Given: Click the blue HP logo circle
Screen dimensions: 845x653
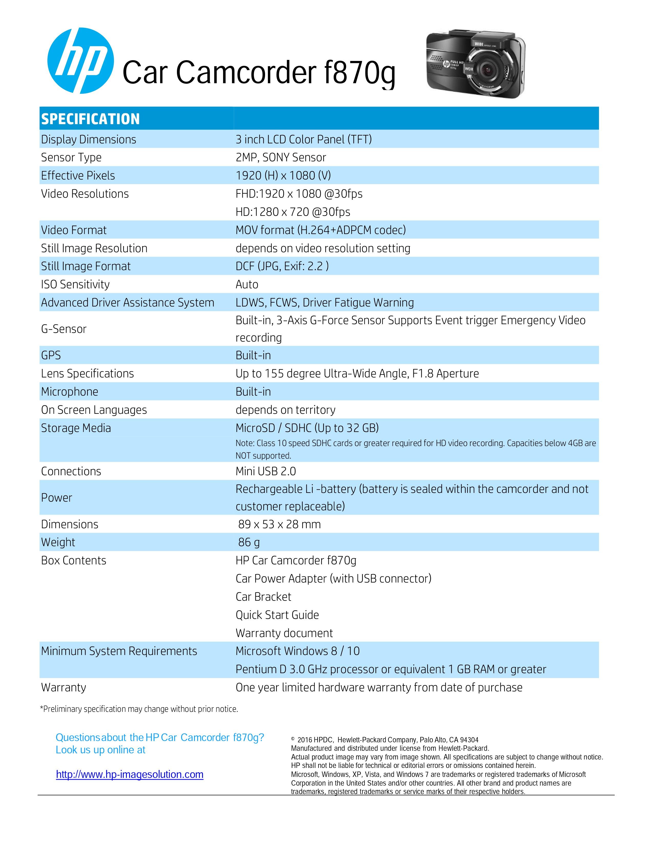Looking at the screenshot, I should click(x=80, y=61).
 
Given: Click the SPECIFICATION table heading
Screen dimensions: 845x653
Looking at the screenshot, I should click(x=90, y=119).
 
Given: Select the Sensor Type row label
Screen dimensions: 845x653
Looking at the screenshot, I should click(x=71, y=157).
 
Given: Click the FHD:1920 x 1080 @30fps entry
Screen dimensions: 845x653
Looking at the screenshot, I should click(x=299, y=194).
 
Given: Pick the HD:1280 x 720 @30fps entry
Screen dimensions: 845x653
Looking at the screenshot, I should click(x=293, y=212).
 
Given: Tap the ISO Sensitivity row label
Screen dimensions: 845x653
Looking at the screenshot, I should click(x=76, y=284).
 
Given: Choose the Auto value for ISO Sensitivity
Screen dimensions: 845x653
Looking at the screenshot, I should click(x=247, y=284).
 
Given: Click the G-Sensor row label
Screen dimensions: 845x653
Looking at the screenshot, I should click(x=64, y=329).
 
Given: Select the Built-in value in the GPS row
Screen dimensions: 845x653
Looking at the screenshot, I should click(x=253, y=355).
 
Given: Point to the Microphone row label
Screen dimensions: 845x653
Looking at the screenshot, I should click(x=70, y=392).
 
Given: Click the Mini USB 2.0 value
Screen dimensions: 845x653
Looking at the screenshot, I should click(x=266, y=471).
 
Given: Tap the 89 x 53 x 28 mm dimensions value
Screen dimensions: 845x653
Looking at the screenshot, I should click(x=279, y=524).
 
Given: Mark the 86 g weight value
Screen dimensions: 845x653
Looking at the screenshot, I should click(x=249, y=542).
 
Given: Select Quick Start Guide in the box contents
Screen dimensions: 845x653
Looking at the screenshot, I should click(x=277, y=615).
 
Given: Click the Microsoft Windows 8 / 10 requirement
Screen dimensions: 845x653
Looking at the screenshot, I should click(x=298, y=651).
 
